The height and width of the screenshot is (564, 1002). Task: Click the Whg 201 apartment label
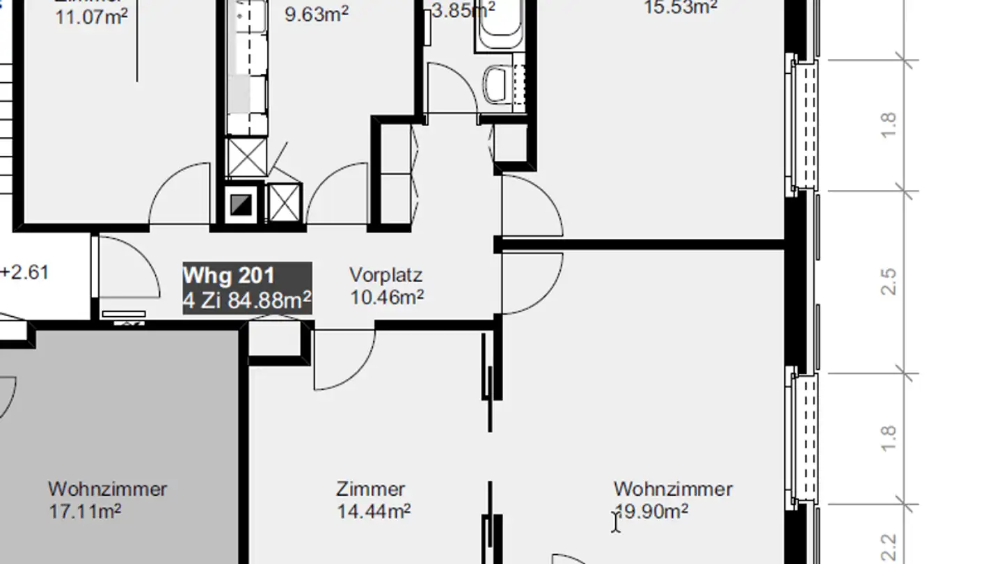[228, 276]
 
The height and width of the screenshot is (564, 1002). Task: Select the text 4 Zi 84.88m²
[246, 301]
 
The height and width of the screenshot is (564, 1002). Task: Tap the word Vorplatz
[385, 275]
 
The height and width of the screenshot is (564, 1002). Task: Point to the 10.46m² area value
[387, 298]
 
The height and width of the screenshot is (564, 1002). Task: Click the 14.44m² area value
[374, 512]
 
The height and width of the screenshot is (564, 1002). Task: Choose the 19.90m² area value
[653, 512]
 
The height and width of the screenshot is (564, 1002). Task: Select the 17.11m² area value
[85, 512]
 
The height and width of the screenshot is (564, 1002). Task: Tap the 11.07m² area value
[91, 16]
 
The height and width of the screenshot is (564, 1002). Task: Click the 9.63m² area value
[317, 14]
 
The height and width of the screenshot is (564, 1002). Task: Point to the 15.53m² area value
[681, 7]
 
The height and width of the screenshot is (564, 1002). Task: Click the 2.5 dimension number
[889, 281]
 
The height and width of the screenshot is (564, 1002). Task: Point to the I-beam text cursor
[615, 522]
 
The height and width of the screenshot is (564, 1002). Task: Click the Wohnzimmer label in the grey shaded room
[107, 489]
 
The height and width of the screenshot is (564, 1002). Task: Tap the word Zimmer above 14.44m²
[370, 489]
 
